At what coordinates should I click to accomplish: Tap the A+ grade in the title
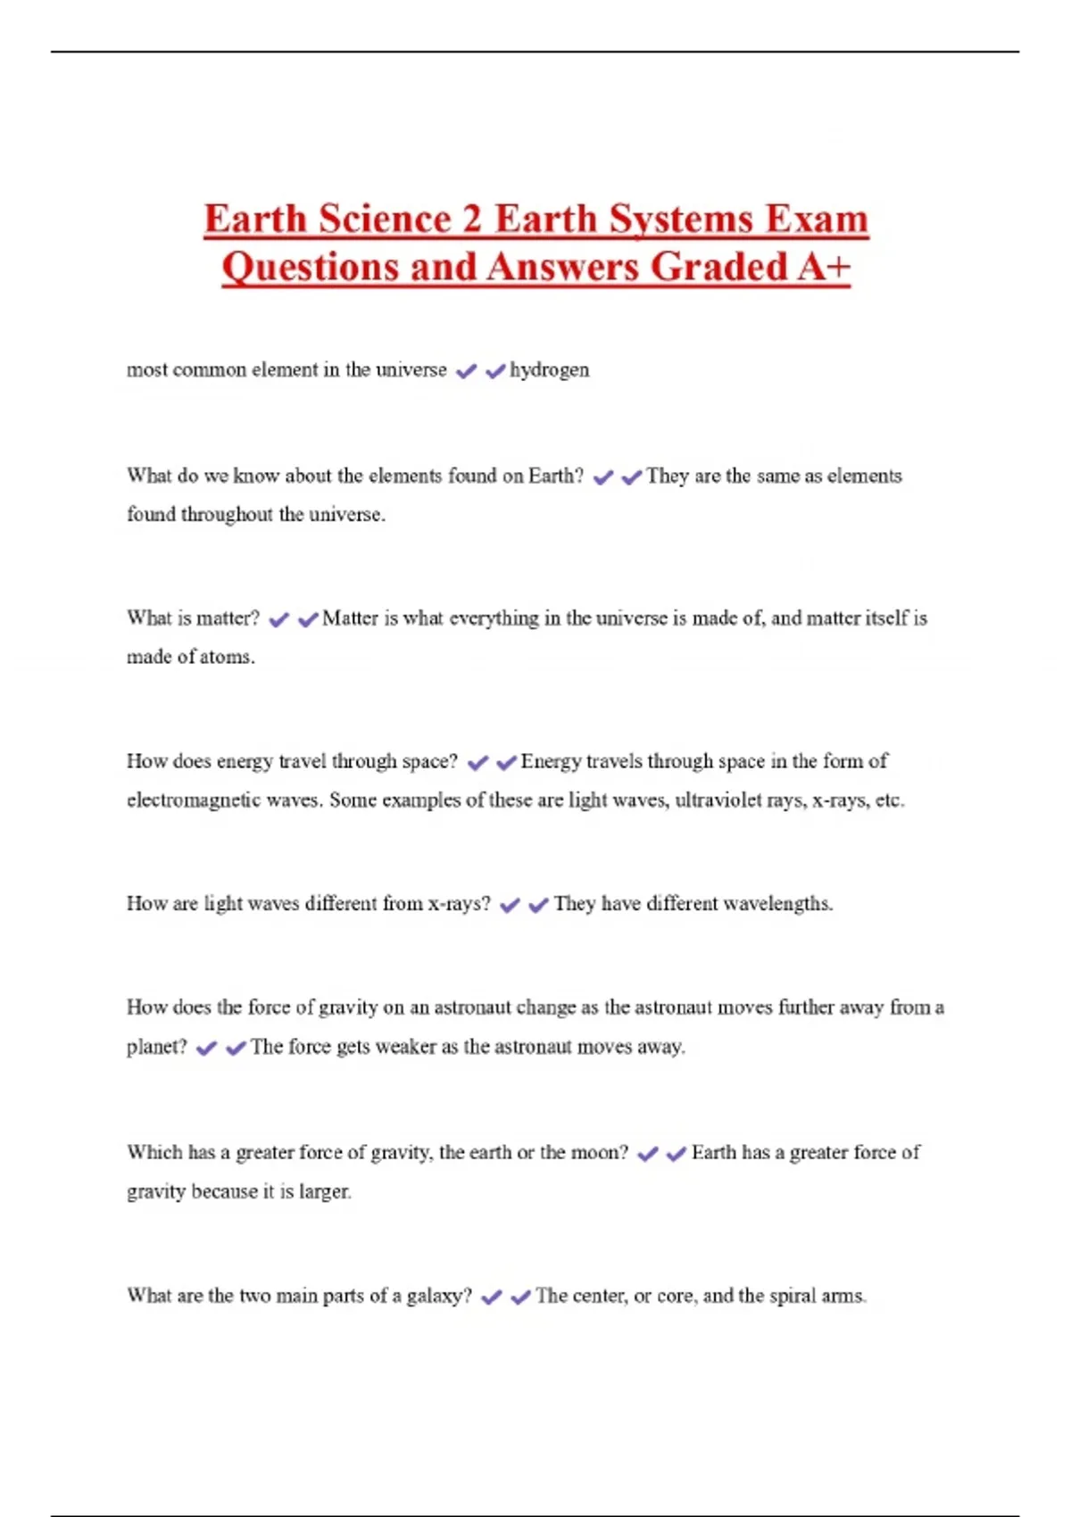[x=824, y=266]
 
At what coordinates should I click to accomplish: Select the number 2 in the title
[x=472, y=219]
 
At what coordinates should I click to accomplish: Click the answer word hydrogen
[x=549, y=369]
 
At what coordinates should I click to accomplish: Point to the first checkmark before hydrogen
[x=466, y=370]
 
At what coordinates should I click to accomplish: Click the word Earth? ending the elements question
[x=555, y=476]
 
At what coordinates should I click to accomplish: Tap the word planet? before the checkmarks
[x=157, y=1046]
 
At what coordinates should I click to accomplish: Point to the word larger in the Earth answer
[x=325, y=1191]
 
